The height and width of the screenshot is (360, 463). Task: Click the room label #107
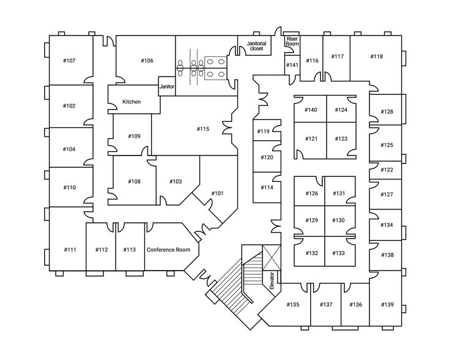(x=69, y=61)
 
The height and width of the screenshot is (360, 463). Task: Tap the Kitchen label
(x=131, y=102)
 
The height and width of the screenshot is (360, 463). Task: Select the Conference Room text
(x=168, y=250)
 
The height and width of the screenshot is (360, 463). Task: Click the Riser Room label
(x=292, y=41)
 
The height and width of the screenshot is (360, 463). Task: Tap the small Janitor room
(x=167, y=87)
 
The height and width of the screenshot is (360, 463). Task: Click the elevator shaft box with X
(x=270, y=257)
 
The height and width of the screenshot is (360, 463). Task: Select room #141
(x=292, y=65)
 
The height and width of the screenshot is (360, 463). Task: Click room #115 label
(x=203, y=129)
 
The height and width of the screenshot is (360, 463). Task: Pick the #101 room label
(x=217, y=193)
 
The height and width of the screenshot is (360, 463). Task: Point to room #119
(x=263, y=132)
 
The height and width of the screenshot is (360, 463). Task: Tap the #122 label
(x=387, y=170)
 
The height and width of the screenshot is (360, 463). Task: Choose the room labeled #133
(x=339, y=253)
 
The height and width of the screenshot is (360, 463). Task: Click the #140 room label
(x=311, y=110)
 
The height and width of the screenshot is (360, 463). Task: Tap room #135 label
(x=292, y=304)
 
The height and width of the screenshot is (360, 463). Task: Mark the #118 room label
(x=376, y=57)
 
